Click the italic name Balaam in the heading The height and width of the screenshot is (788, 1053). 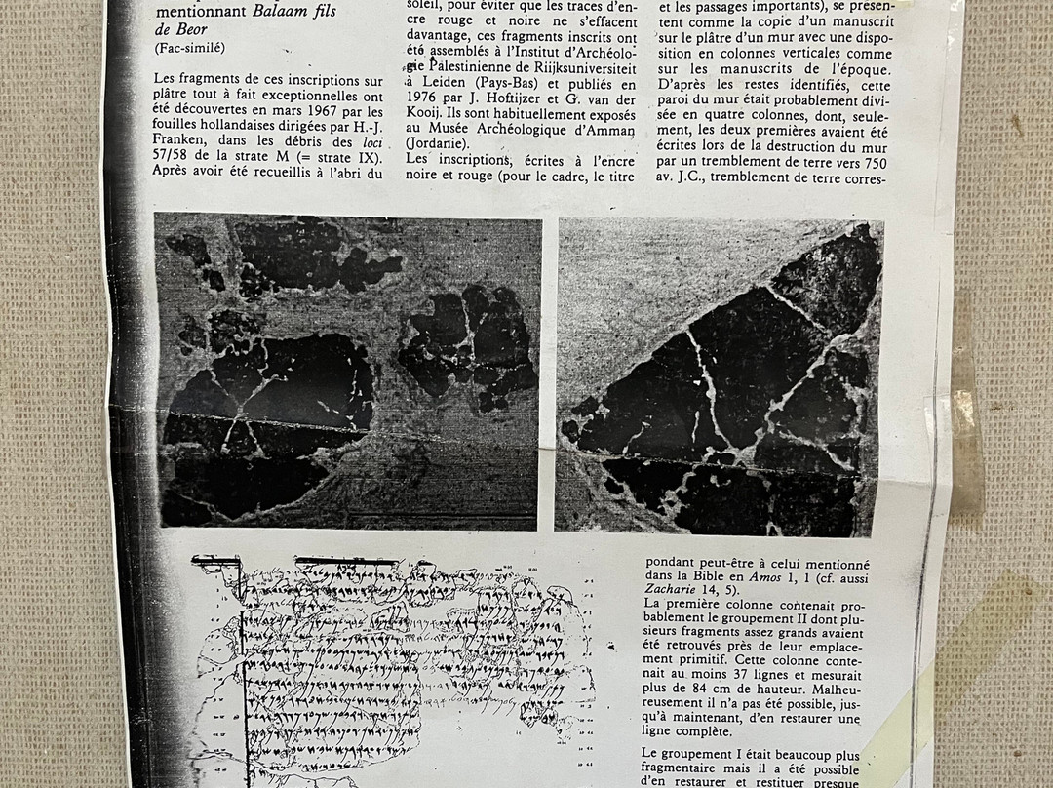pyautogui.click(x=278, y=13)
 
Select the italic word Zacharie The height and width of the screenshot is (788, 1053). pyautogui.click(x=674, y=591)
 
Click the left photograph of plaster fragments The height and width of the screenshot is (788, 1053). pyautogui.click(x=347, y=371)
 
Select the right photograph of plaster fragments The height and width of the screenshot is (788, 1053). pyautogui.click(x=719, y=376)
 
